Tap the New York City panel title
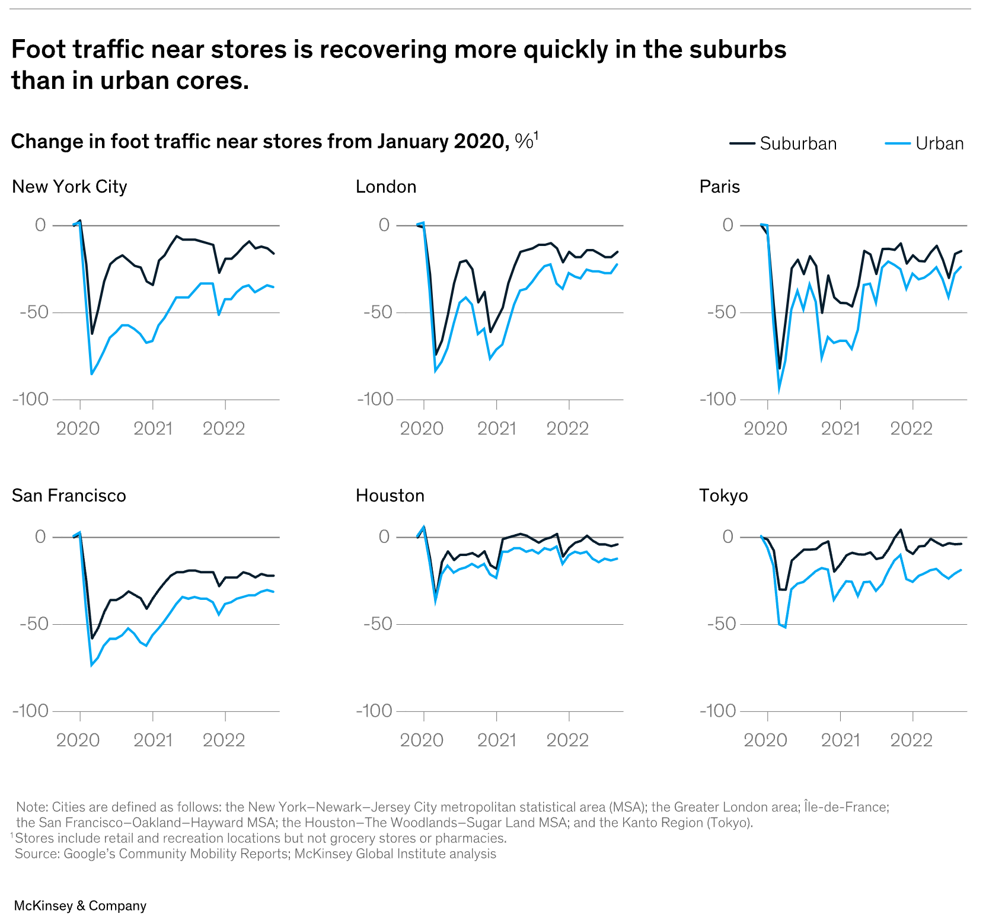click(69, 187)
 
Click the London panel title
click(386, 187)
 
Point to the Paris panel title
click(720, 187)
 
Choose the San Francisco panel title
click(69, 496)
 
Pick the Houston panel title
click(390, 496)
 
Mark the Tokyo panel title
click(723, 496)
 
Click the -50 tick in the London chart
click(377, 312)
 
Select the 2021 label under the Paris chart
click(840, 429)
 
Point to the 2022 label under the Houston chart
click(567, 740)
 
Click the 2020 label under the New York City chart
click(78, 429)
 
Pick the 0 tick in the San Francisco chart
click(40, 537)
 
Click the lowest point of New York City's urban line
click(91, 374)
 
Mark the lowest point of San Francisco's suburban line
click(92, 638)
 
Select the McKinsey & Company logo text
click(80, 906)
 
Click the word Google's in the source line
click(89, 854)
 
